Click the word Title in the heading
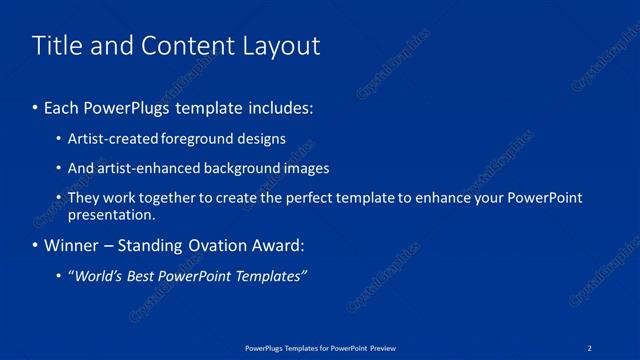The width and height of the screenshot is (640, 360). (x=57, y=46)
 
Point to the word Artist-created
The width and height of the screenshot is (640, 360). (x=107, y=139)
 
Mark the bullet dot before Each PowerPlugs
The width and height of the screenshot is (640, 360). (x=36, y=107)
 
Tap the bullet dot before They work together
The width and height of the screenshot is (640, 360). (x=60, y=199)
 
